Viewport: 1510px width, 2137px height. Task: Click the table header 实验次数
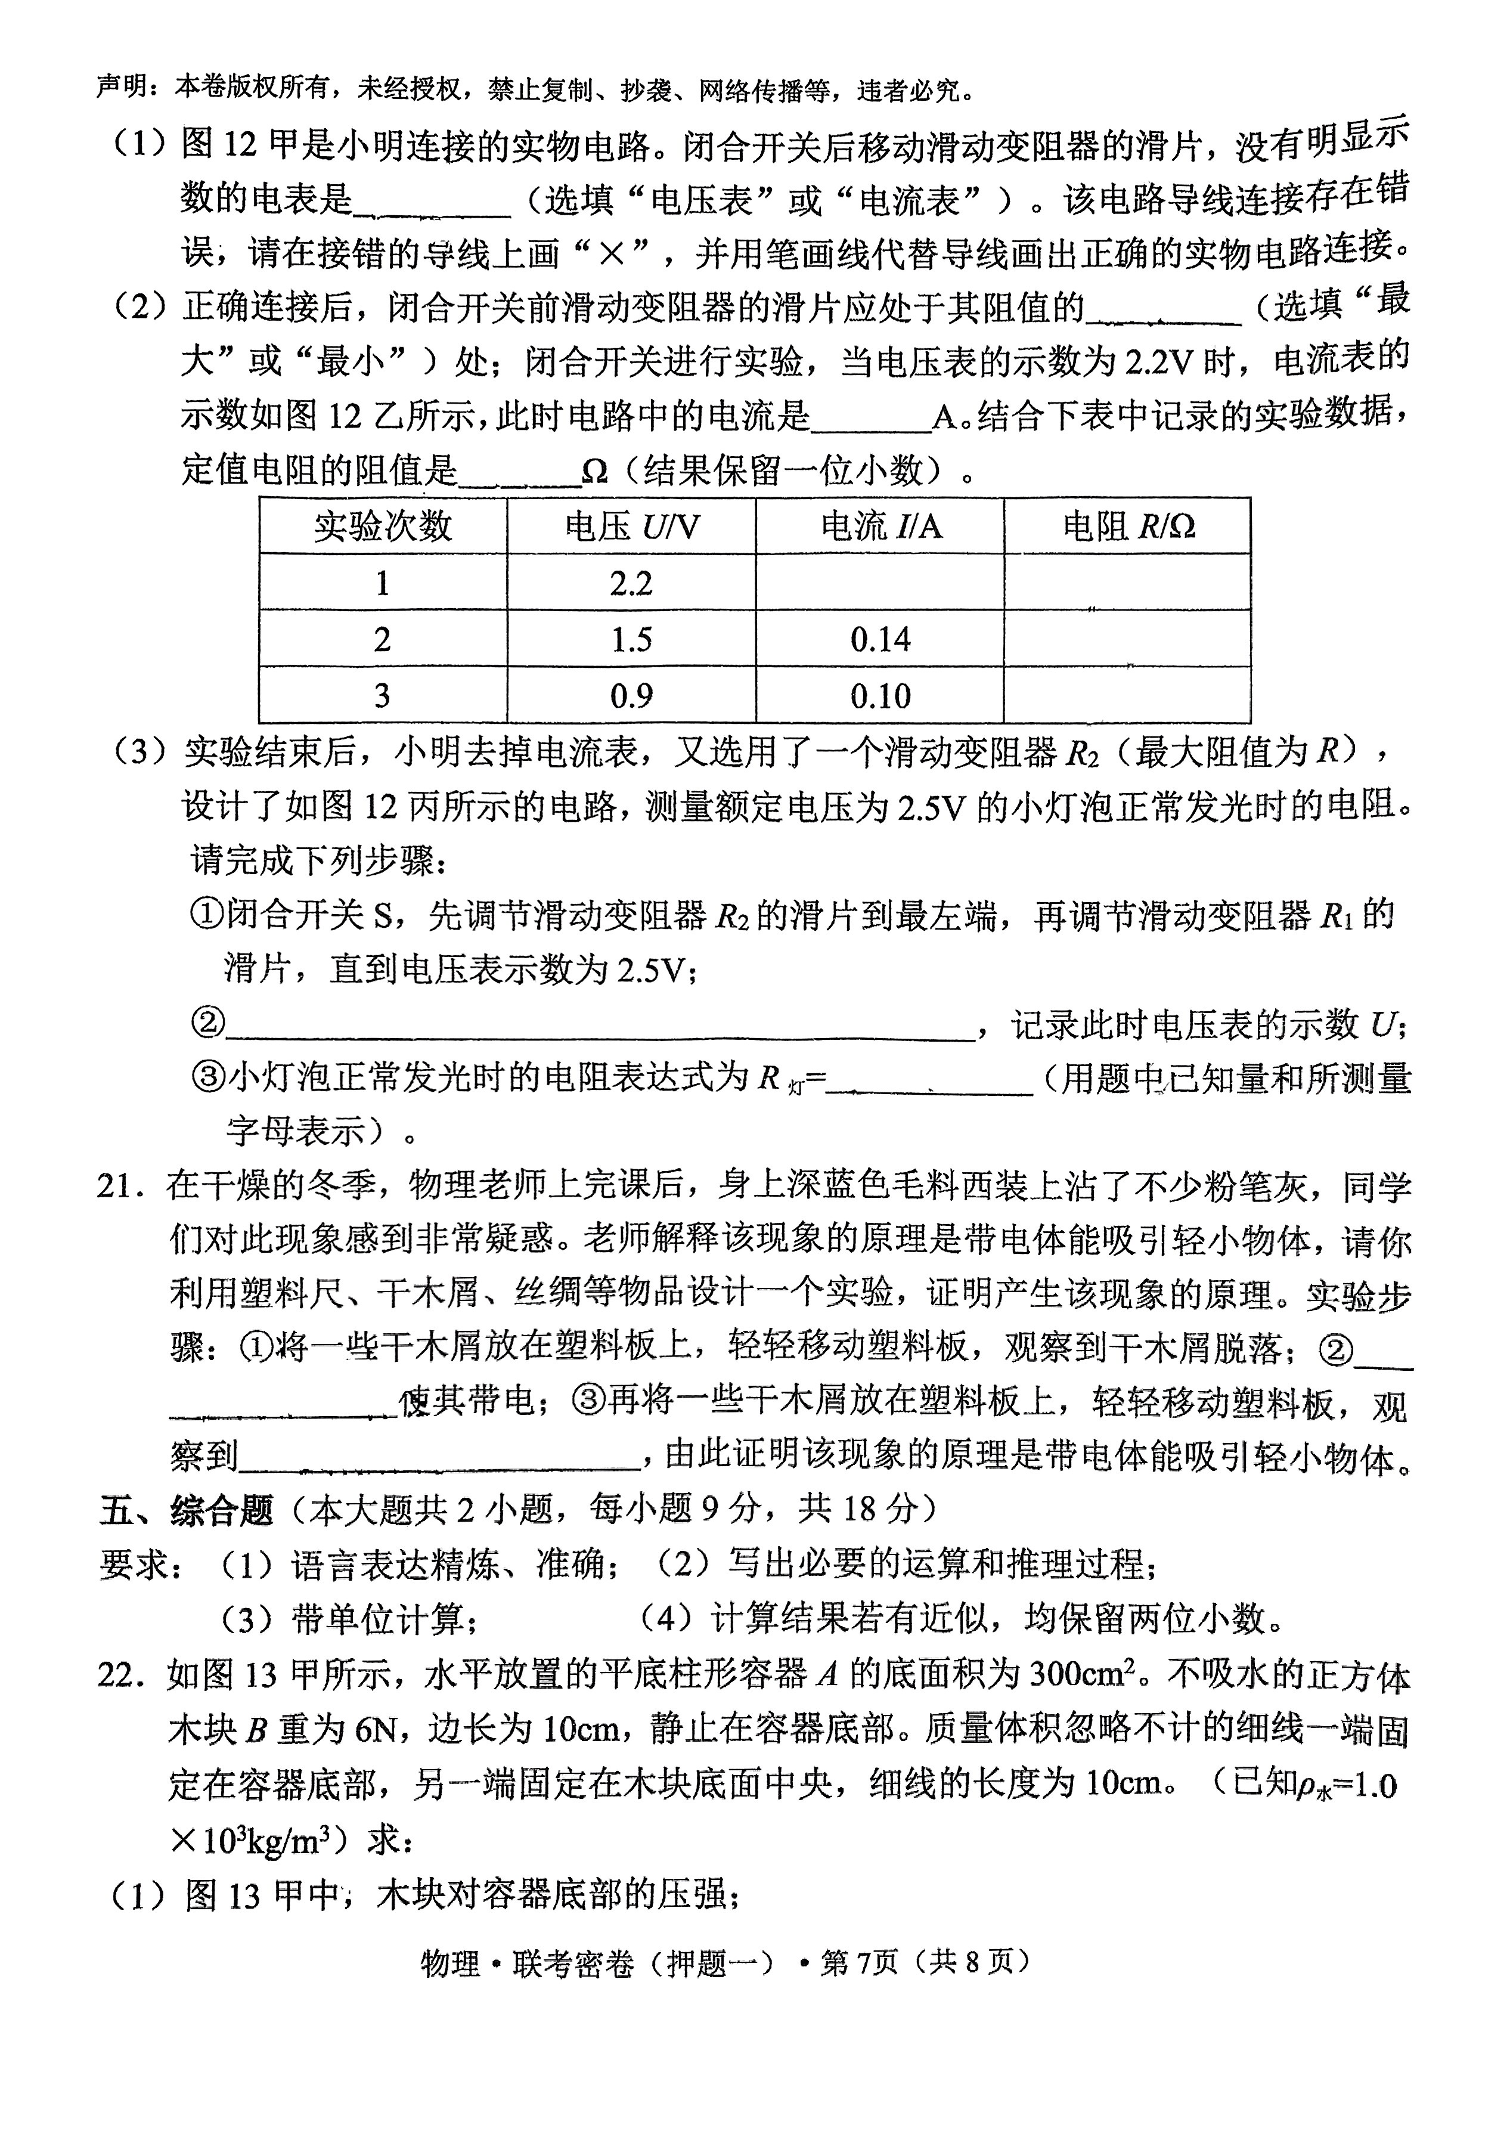click(x=382, y=527)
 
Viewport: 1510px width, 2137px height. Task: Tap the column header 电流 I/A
click(x=880, y=527)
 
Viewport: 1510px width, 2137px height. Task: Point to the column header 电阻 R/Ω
click(x=1128, y=527)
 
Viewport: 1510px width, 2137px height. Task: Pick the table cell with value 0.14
click(x=880, y=639)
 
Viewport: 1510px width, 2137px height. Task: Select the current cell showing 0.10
click(x=880, y=695)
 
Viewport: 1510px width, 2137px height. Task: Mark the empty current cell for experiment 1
click(x=880, y=584)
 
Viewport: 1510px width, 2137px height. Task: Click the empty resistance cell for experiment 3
click(x=1128, y=695)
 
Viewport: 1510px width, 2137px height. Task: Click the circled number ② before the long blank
click(x=207, y=1024)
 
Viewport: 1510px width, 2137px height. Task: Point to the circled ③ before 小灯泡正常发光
click(x=207, y=1079)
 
